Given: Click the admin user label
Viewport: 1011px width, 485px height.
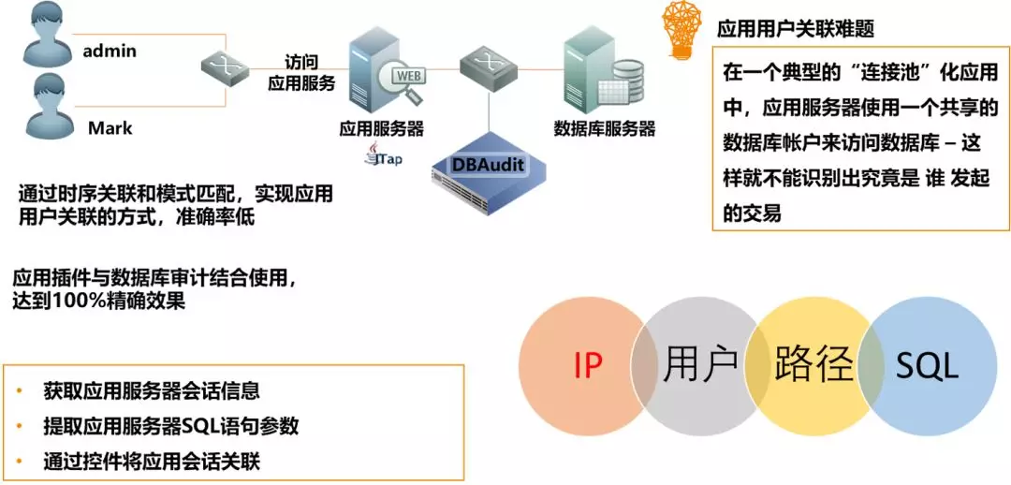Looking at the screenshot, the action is point(110,51).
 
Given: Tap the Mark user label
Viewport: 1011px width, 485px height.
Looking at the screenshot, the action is point(110,127).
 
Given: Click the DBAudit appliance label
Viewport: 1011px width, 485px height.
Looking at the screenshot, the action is point(488,165).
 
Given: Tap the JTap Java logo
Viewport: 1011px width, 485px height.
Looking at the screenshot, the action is point(385,156).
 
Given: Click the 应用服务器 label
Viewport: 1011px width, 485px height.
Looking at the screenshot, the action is point(382,127).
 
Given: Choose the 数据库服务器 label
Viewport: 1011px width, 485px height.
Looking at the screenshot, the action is point(604,127).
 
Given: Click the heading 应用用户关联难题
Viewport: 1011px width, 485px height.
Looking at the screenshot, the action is point(796,30).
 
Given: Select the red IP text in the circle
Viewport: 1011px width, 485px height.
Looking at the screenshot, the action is point(587,366).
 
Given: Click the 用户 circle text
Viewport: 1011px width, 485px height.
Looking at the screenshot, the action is point(699,366).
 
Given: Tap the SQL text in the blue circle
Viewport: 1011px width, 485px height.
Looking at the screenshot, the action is point(926,366).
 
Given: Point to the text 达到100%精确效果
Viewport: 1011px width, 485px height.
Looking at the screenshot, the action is point(98,301).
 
